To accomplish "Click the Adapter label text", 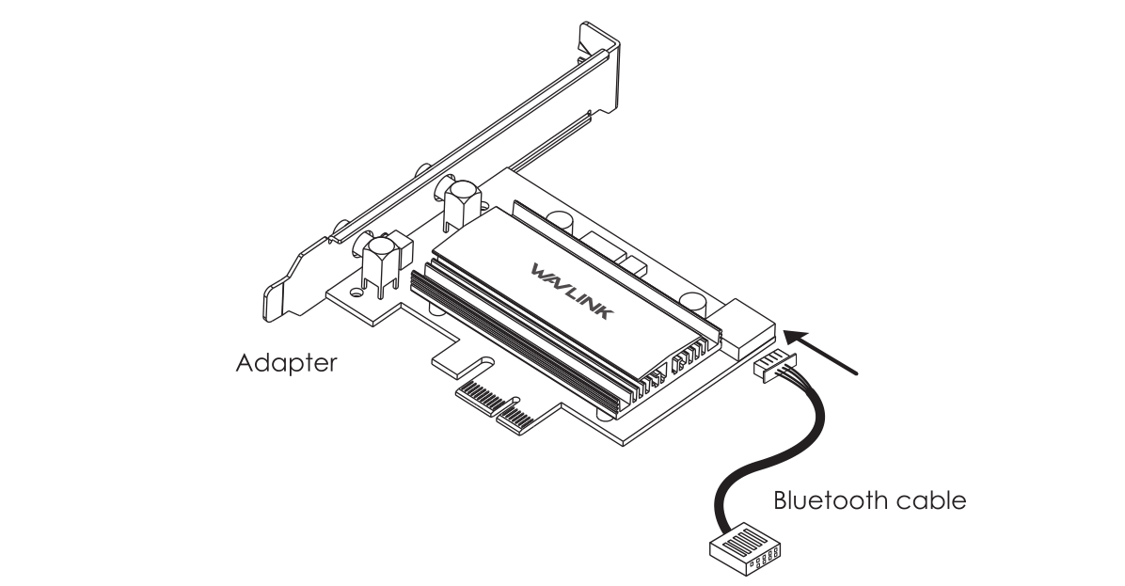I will pyautogui.click(x=285, y=363).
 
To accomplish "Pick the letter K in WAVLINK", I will pyautogui.click(x=600, y=311).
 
